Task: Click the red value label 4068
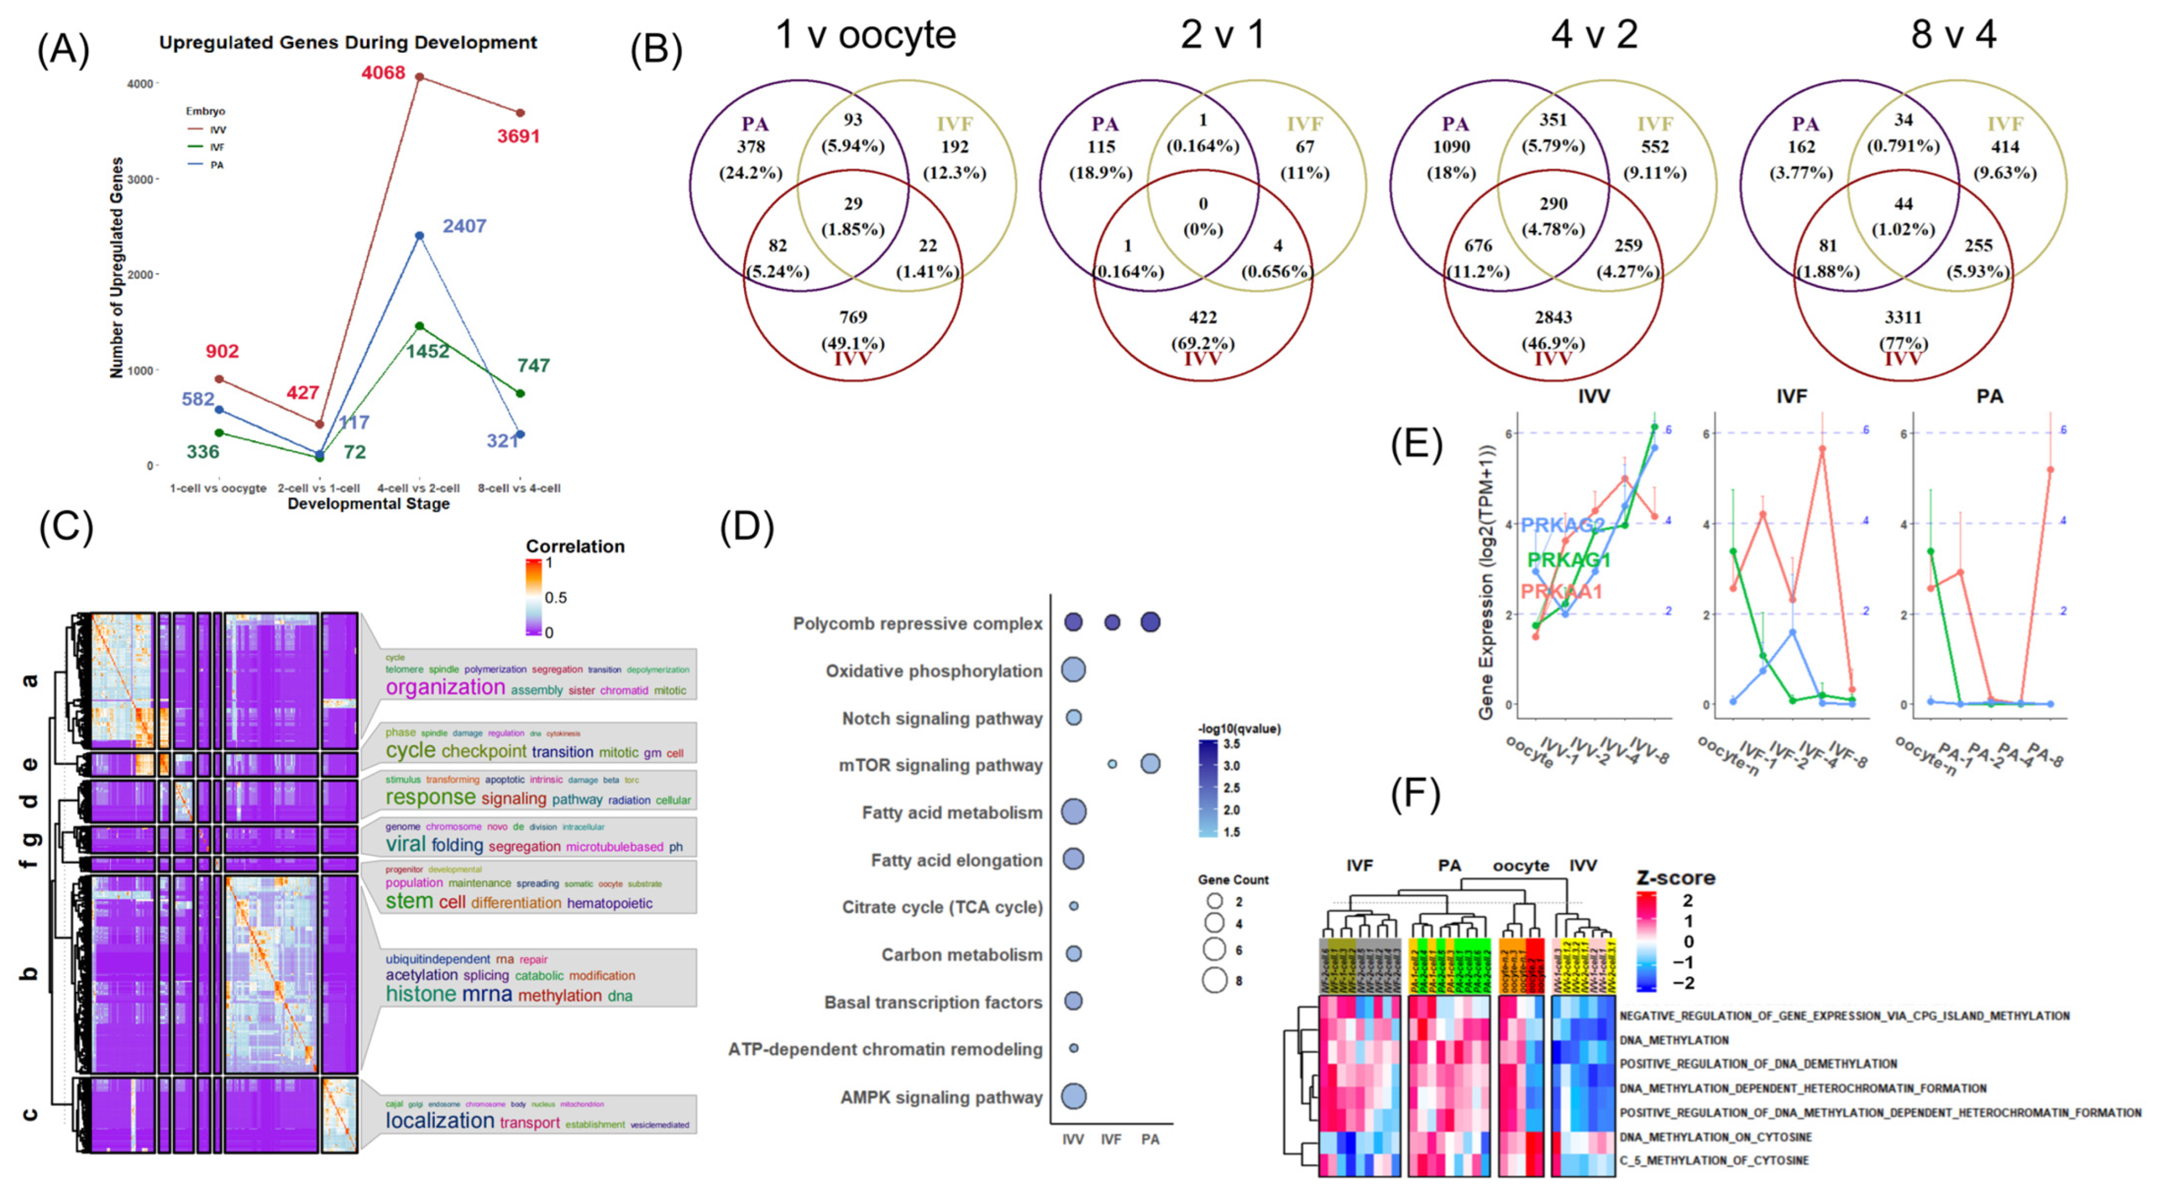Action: (383, 73)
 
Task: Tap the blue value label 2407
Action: (464, 226)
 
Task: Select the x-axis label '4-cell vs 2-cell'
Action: (418, 488)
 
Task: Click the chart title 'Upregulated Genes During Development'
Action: (348, 42)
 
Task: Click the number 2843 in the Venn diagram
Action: (1553, 317)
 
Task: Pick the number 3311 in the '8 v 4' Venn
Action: (1903, 317)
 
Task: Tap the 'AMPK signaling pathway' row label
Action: (941, 1097)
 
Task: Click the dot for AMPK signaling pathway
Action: (1073, 1096)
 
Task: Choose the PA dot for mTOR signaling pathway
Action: (1150, 763)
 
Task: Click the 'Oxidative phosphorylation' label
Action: (934, 671)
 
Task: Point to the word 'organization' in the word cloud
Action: (445, 687)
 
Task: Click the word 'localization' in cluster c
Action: (440, 1120)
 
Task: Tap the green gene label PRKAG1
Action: (1568, 559)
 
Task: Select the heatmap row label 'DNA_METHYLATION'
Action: (1674, 1040)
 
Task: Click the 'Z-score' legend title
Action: (1675, 878)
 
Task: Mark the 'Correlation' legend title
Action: (575, 546)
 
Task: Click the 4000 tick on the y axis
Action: (140, 84)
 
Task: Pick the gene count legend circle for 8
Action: (1214, 980)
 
